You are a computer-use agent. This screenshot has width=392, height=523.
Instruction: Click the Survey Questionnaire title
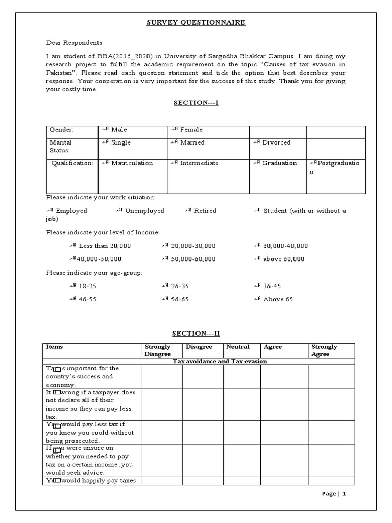click(196, 22)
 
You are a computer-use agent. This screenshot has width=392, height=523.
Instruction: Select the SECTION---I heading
click(196, 103)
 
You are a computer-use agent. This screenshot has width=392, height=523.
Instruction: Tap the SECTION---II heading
click(196, 334)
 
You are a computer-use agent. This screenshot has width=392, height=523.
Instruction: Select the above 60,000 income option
click(279, 259)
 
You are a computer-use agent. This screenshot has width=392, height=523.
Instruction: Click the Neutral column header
click(238, 347)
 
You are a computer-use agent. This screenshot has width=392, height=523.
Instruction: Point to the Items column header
click(54, 347)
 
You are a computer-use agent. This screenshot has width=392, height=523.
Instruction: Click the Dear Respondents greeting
click(75, 43)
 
